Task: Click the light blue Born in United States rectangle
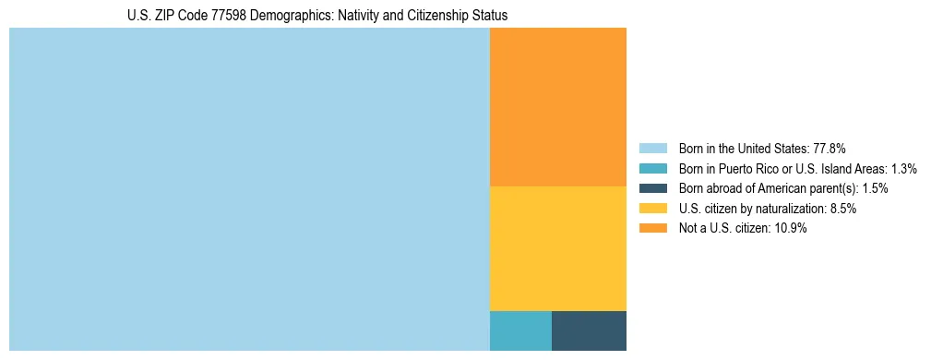249,189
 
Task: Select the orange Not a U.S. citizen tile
557,107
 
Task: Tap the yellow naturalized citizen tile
557,248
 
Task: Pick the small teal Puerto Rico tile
520,330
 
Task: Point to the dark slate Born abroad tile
589,330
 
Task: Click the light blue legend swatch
652,148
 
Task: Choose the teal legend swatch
652,168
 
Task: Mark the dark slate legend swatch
652,188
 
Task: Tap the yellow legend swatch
652,209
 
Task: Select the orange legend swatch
652,229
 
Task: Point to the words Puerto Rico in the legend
753,168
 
